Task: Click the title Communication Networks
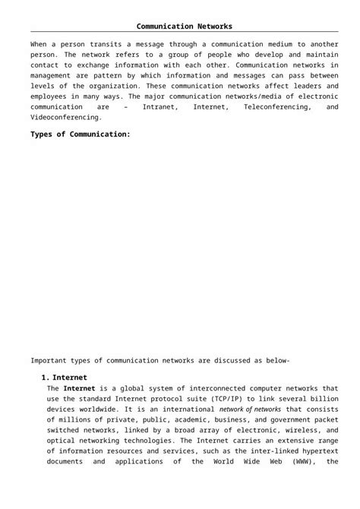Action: [179, 27]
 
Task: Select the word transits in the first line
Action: [101, 45]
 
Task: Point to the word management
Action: [55, 76]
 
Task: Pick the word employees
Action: [52, 97]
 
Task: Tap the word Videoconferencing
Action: [66, 119]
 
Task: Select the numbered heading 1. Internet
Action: [64, 377]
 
